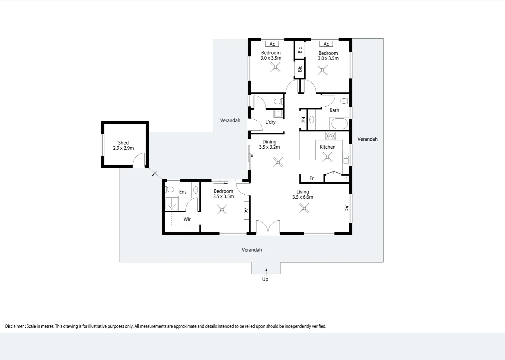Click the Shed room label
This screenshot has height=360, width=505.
pyautogui.click(x=123, y=145)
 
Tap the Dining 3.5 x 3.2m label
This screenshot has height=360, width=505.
pyautogui.click(x=270, y=144)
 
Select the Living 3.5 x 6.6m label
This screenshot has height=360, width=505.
pyautogui.click(x=303, y=194)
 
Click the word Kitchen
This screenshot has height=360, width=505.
pyautogui.click(x=328, y=147)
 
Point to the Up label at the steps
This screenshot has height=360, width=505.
pyautogui.click(x=265, y=279)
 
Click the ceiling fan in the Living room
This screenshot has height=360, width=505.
pyautogui.click(x=304, y=208)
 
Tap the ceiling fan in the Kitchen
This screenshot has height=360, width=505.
pyautogui.click(x=327, y=157)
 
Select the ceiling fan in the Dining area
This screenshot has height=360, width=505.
pyautogui.click(x=278, y=162)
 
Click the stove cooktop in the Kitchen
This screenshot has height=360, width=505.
pyautogui.click(x=330, y=136)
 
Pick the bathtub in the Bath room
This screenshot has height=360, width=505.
pyautogui.click(x=339, y=123)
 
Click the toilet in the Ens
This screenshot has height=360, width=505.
pyautogui.click(x=169, y=189)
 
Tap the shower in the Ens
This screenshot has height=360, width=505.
pyautogui.click(x=172, y=203)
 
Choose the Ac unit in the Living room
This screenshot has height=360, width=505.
pyautogui.click(x=347, y=208)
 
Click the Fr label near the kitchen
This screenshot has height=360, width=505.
pyautogui.click(x=312, y=178)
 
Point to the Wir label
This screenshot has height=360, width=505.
pyautogui.click(x=187, y=219)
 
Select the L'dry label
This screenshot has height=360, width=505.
pyautogui.click(x=270, y=122)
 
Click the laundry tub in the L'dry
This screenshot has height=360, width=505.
pyautogui.click(x=278, y=114)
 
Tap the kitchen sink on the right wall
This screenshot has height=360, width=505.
pyautogui.click(x=346, y=157)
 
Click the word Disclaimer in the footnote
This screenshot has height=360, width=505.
pyautogui.click(x=14, y=326)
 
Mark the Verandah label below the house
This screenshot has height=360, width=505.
pyautogui.click(x=252, y=250)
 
